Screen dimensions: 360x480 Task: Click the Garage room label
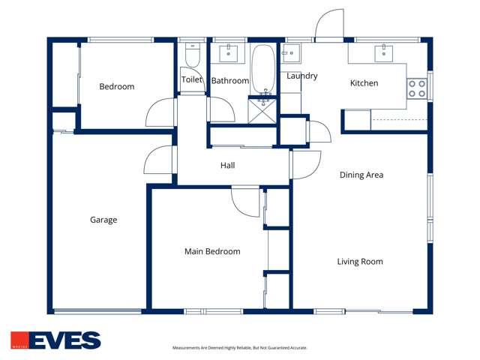pos(103,220)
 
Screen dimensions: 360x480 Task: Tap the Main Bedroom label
pos(212,251)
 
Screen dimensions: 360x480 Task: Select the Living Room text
pos(360,262)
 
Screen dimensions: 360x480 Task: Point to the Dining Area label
pos(361,175)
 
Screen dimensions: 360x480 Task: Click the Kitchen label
pos(364,83)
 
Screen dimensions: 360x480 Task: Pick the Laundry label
pos(302,76)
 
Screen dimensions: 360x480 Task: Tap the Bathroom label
pos(229,80)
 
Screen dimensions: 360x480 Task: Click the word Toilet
pos(192,79)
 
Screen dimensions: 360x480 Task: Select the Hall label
pos(228,165)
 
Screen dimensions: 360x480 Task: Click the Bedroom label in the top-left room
pos(117,86)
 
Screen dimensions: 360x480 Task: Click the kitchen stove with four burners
pos(417,88)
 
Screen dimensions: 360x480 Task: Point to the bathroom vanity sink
pos(228,52)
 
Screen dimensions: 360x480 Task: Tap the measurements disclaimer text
pos(240,348)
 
